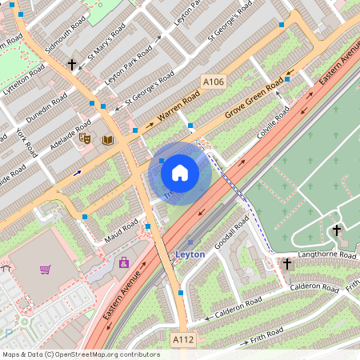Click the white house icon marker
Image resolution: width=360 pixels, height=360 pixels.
click(180, 172)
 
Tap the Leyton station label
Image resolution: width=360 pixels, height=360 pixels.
click(190, 254)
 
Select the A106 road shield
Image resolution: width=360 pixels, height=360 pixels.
click(214, 82)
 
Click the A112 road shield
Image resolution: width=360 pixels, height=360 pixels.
click(183, 340)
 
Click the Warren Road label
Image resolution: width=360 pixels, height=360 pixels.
click(178, 106)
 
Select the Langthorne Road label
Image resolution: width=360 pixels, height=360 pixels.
click(326, 255)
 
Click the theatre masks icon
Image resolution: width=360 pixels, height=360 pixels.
click(86, 139)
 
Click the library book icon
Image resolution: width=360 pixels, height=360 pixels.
click(107, 140)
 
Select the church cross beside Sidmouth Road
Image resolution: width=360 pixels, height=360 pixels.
click(72, 63)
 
